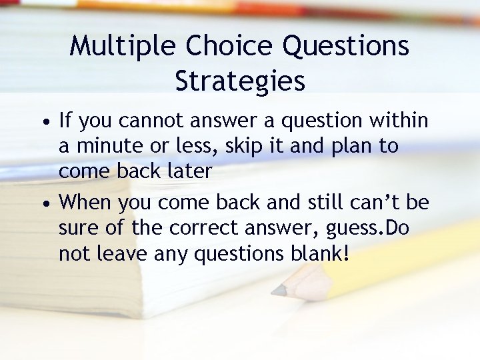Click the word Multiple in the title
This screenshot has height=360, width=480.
(123, 46)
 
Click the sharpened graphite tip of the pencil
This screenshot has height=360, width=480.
(275, 291)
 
